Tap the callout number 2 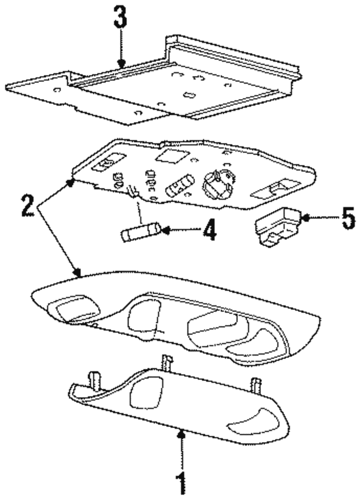pyautogui.click(x=27, y=206)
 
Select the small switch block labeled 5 pyautogui.click(x=278, y=227)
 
